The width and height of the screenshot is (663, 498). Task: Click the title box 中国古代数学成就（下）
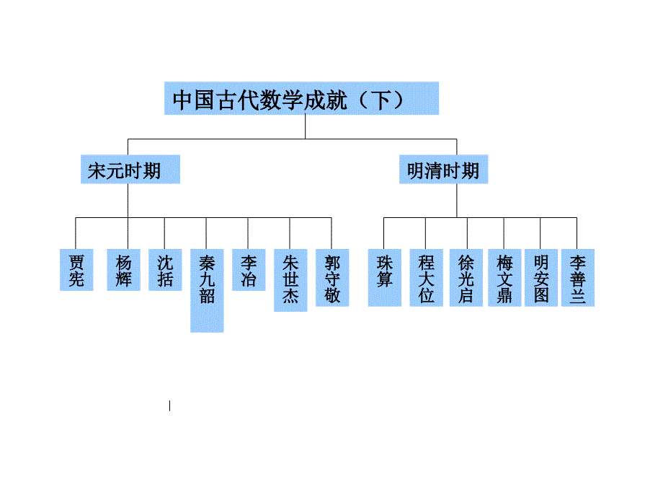tap(301, 98)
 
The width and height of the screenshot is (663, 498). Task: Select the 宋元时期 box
tap(128, 171)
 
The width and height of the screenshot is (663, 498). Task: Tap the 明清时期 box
tap(442, 171)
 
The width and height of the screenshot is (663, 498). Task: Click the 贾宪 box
tap(76, 270)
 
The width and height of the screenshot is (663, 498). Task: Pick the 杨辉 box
tap(124, 270)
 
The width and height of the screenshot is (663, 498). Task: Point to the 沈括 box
tap(165, 270)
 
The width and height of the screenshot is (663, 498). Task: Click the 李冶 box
tap(249, 270)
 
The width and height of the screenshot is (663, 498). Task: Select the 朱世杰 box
tap(290, 280)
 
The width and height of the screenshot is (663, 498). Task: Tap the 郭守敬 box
tap(332, 279)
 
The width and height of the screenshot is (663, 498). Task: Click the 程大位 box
tap(426, 279)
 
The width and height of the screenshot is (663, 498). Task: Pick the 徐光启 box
tap(466, 279)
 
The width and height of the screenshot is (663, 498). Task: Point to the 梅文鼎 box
tap(504, 279)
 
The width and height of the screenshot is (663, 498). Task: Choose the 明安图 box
tap(541, 279)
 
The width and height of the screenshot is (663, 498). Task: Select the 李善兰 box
tap(578, 279)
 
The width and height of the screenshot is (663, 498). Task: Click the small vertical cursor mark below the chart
tap(170, 406)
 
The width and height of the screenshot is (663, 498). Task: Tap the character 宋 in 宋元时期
tap(97, 171)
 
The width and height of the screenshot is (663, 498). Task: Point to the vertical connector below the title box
tap(305, 126)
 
